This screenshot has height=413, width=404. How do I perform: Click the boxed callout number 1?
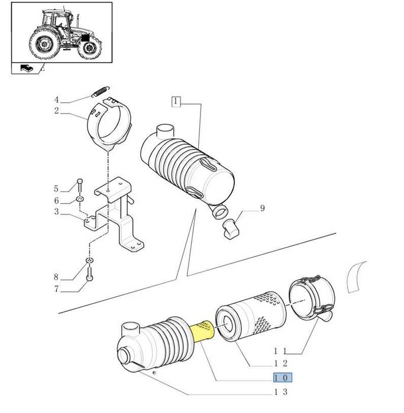click(176, 102)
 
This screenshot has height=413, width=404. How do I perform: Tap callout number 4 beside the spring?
click(56, 100)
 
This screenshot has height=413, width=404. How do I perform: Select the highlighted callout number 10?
click(282, 378)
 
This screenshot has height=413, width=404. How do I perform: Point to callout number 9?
click(262, 209)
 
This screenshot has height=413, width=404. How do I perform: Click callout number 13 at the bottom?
click(280, 392)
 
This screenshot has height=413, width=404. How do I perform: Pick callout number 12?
click(280, 363)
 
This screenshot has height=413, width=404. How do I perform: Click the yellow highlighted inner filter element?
click(203, 331)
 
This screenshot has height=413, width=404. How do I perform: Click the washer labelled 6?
click(80, 198)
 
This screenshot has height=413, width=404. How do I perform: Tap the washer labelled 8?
click(90, 260)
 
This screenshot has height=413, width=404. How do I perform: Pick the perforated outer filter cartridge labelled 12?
click(251, 316)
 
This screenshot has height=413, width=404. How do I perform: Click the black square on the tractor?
click(85, 38)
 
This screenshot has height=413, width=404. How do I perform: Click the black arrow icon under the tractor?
click(27, 68)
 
